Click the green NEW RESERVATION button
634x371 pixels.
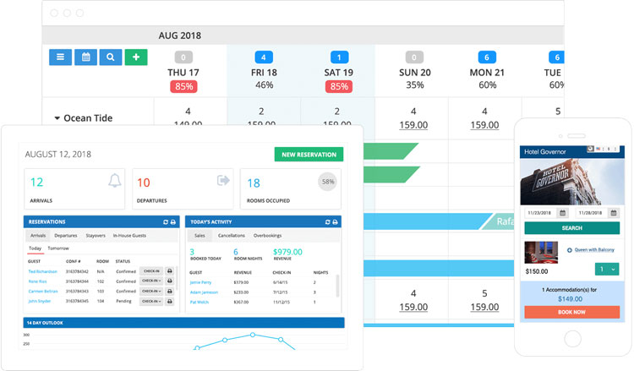309,155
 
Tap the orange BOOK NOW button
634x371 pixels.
571,311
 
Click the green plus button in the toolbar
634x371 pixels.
136,57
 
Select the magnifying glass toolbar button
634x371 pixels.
111,57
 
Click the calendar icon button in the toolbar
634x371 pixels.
85,57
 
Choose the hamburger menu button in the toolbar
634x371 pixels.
60,57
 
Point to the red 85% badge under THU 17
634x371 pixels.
183,85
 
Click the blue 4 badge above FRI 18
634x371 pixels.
264,57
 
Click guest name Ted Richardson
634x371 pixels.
43,271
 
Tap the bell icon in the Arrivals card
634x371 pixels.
114,181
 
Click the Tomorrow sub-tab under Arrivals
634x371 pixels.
58,248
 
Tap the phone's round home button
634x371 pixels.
571,339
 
